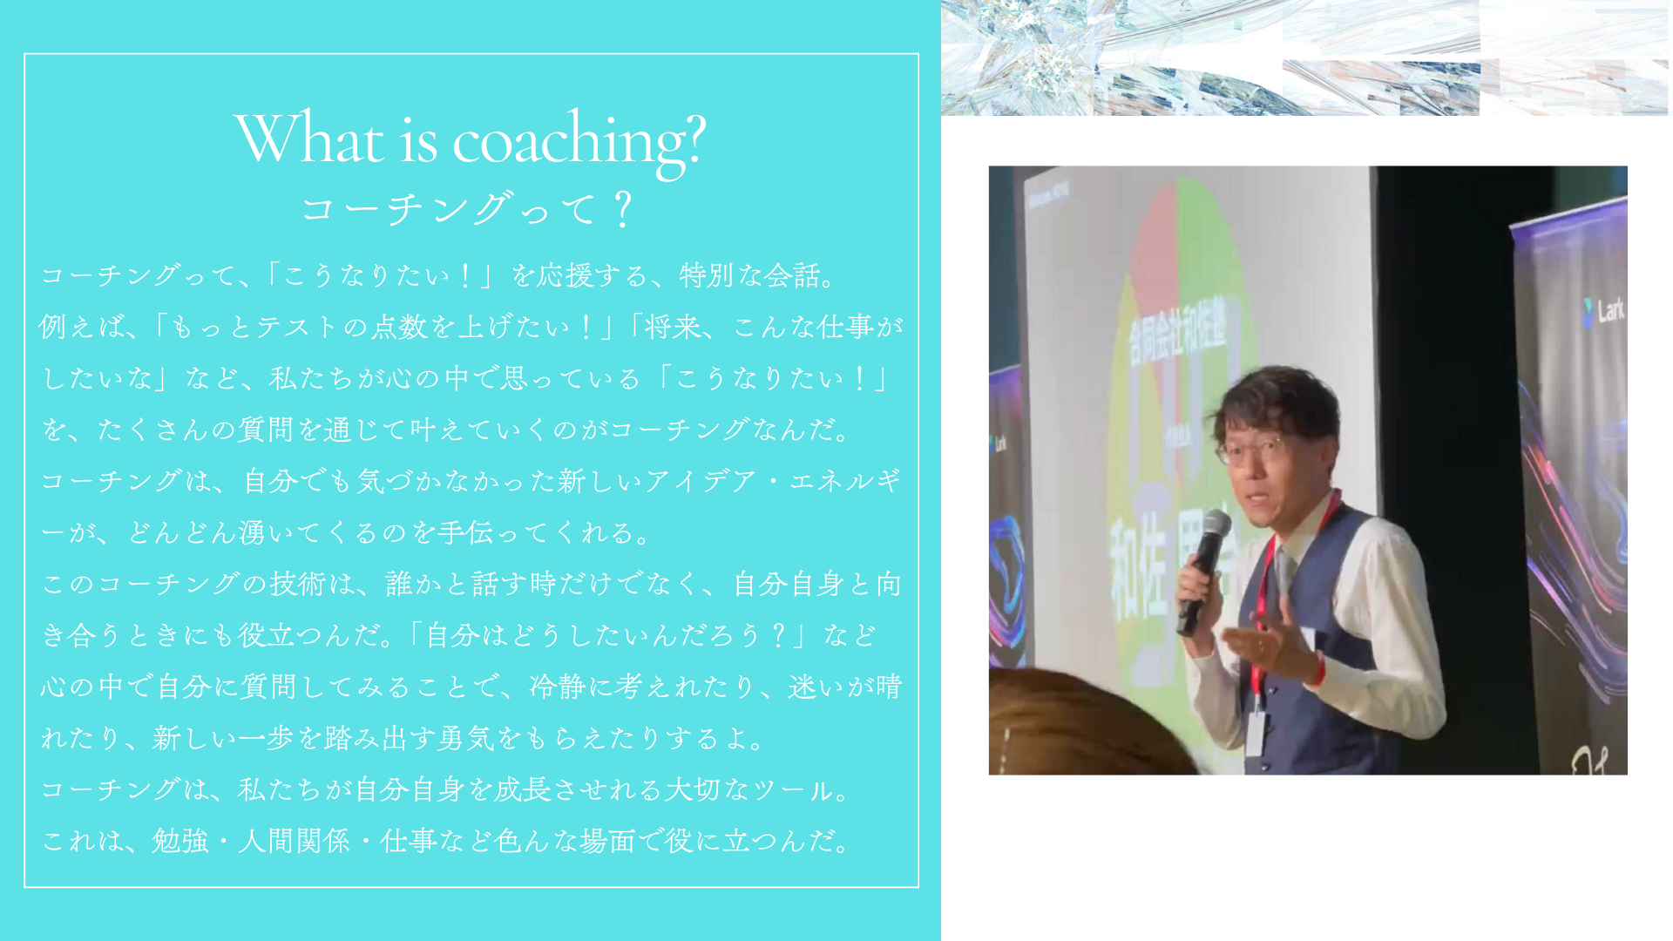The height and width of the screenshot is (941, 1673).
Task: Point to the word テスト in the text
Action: click(x=296, y=327)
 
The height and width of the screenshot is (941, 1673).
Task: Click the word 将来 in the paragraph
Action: click(x=673, y=327)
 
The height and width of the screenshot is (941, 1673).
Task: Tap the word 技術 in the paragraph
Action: click(x=297, y=584)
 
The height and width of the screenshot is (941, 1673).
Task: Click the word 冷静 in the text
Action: click(x=558, y=687)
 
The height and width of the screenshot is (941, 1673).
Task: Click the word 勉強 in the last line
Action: click(x=180, y=841)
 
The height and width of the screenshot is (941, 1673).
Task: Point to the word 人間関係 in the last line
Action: click(x=295, y=841)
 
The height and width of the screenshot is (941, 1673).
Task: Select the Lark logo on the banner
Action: click(x=1604, y=309)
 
